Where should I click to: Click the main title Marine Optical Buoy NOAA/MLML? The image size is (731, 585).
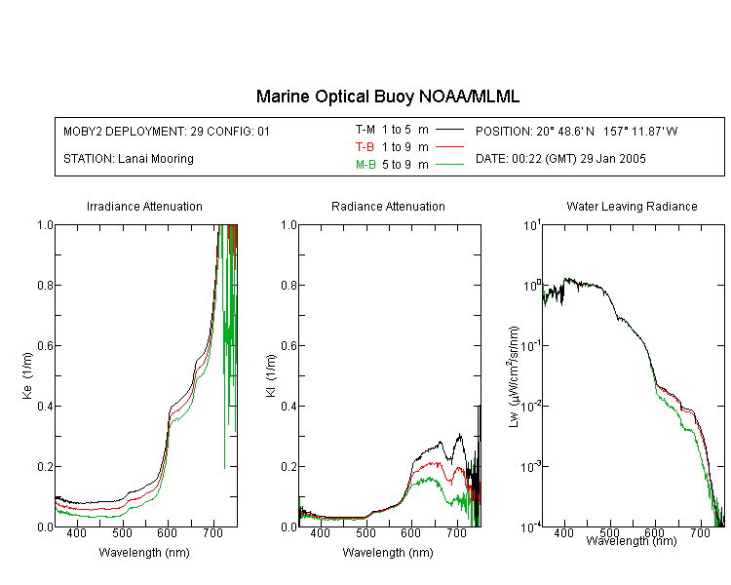(x=387, y=97)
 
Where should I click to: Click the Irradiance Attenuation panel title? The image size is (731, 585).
(x=144, y=206)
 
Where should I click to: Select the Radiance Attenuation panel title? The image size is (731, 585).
(x=388, y=206)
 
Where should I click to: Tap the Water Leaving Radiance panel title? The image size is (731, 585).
(x=632, y=206)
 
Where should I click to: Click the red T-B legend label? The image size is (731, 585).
(x=365, y=147)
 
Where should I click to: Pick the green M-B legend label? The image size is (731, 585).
(x=365, y=165)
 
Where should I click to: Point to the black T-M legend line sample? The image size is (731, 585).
(x=449, y=130)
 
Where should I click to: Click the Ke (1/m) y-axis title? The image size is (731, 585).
(x=27, y=375)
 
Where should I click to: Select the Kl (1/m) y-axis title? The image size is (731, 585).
(x=271, y=376)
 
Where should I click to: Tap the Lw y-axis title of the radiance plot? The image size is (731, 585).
(x=514, y=377)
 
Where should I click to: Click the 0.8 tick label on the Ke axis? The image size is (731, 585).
(x=45, y=285)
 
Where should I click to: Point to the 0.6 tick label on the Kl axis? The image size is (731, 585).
(x=289, y=346)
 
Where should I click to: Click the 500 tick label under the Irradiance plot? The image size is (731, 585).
(x=122, y=533)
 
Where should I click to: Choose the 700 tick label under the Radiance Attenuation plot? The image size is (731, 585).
(x=456, y=533)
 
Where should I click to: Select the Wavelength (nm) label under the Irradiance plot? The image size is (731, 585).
(x=144, y=553)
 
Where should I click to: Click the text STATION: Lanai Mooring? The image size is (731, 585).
(x=129, y=159)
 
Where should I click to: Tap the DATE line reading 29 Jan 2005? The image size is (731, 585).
(x=560, y=159)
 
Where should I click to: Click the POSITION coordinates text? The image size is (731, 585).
(x=576, y=131)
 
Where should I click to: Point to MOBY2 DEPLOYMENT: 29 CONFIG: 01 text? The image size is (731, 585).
(x=167, y=131)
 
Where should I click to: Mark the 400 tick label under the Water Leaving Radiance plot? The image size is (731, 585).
(x=563, y=532)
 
